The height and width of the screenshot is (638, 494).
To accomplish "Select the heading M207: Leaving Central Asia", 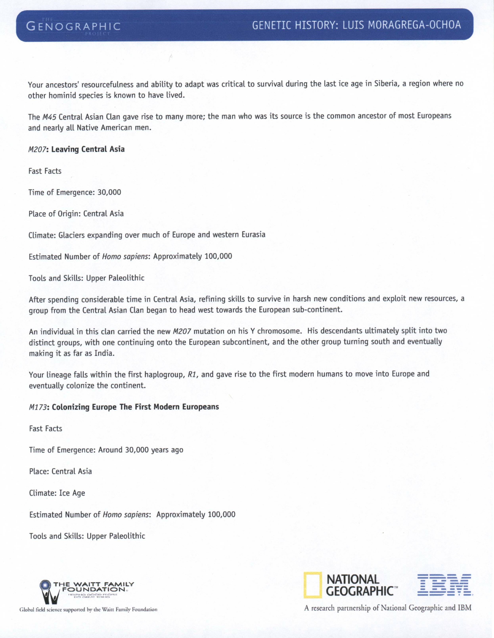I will (x=77, y=149).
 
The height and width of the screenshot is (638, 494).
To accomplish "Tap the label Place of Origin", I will (x=54, y=214).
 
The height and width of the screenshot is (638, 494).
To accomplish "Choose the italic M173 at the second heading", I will (x=37, y=407).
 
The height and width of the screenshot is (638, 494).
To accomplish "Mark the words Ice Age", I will (x=72, y=493).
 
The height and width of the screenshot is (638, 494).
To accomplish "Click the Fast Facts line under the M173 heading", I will (x=46, y=429).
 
